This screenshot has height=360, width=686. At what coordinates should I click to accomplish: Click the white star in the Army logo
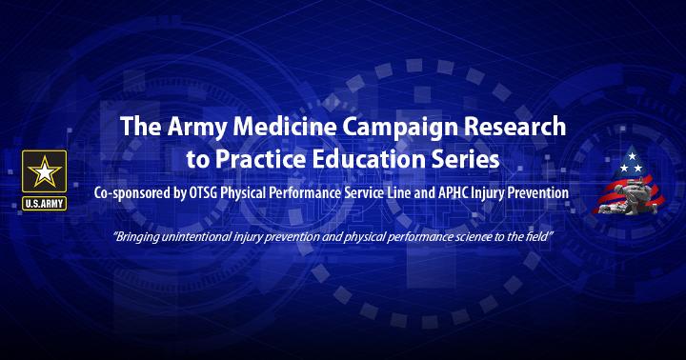(x=44, y=172)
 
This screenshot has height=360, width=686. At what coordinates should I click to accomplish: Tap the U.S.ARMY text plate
(x=44, y=204)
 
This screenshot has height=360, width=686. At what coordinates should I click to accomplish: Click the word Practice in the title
(x=260, y=160)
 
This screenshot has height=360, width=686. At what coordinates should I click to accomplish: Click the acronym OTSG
(x=203, y=193)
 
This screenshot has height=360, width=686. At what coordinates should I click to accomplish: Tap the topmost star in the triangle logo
(x=632, y=156)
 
